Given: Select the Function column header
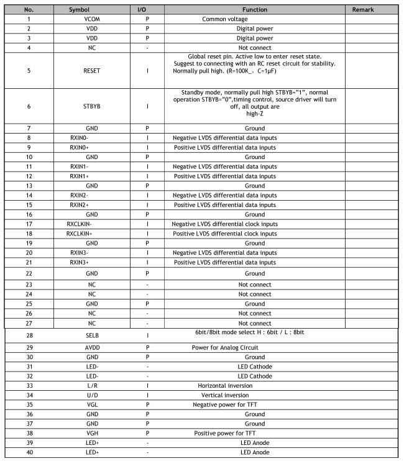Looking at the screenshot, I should [x=254, y=10].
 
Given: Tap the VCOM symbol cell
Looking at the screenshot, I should [x=91, y=19].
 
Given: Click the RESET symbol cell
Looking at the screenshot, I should [x=91, y=71].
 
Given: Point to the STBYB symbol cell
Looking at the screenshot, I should [x=91, y=106].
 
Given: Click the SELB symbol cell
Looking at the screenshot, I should [x=91, y=336].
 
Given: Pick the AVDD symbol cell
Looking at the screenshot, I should [x=91, y=348].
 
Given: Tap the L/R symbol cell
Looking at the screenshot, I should [x=91, y=385].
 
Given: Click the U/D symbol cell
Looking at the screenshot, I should [x=91, y=395].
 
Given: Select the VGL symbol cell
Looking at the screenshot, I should [x=91, y=404].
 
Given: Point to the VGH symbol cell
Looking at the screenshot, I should [x=91, y=433].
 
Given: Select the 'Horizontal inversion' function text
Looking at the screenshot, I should [x=225, y=385].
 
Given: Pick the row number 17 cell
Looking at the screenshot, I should [x=29, y=224].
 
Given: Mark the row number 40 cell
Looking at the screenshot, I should [x=29, y=452].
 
